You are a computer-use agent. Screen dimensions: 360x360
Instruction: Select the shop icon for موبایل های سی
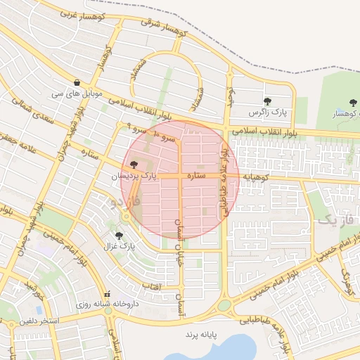[x=86, y=83]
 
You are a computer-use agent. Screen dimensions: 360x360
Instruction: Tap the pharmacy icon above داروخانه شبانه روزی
[x=107, y=294]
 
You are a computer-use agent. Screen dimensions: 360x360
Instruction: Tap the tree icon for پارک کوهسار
[x=352, y=103]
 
